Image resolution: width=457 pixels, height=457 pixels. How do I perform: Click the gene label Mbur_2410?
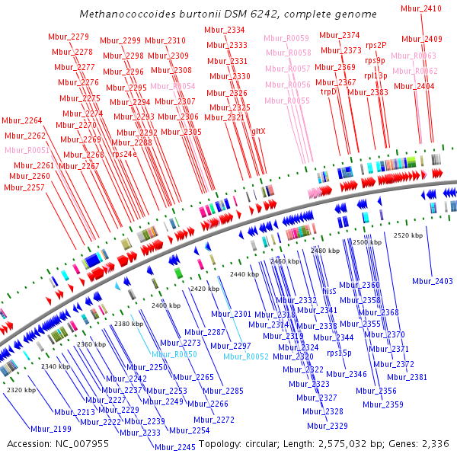pos(421,8)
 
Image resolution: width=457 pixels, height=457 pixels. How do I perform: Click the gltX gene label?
pos(259,131)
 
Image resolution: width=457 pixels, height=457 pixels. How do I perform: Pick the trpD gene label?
pos(329,91)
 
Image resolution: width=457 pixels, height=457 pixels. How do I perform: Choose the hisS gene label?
pos(330,291)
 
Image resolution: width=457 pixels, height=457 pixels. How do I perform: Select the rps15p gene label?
pos(339,353)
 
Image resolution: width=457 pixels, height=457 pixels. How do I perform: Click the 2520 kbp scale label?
pos(408,235)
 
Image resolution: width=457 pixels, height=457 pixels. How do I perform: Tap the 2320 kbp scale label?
pos(21,390)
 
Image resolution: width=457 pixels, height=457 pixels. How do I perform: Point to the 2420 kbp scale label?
pos(205,289)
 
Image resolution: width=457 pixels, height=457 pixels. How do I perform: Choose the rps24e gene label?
pos(125,154)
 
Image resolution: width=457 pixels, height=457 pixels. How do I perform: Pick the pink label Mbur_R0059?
pos(287,38)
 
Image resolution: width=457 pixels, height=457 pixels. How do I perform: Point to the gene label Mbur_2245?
pos(175,447)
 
